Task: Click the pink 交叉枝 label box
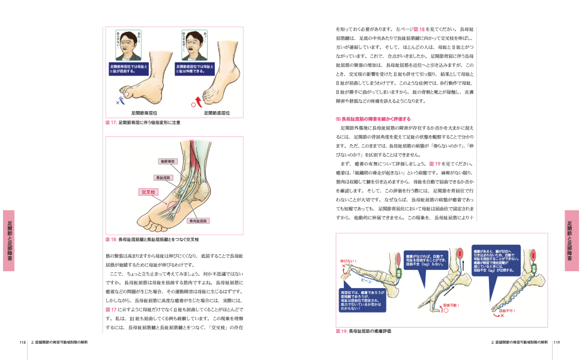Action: tap(148, 193)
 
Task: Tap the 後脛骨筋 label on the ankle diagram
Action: tap(167, 161)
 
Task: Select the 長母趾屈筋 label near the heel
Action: tap(199, 221)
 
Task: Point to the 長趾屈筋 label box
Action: tap(163, 178)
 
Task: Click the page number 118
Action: tap(22, 342)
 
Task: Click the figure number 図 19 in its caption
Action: tap(341, 331)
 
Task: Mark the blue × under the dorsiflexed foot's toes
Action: tap(118, 103)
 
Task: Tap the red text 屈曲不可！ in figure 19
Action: tap(508, 311)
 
